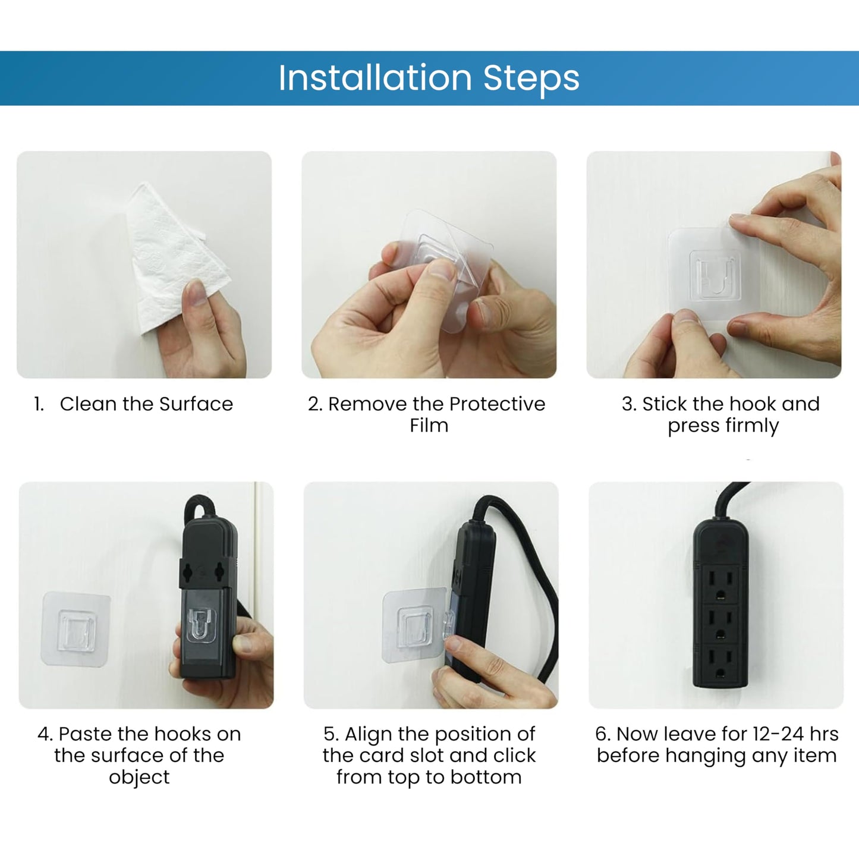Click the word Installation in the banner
[x=375, y=78]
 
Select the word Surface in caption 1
[x=196, y=404]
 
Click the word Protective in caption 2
[x=497, y=404]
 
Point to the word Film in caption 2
[x=429, y=425]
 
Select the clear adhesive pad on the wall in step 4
[x=75, y=629]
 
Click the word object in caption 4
[x=139, y=778]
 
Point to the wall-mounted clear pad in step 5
[x=414, y=625]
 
